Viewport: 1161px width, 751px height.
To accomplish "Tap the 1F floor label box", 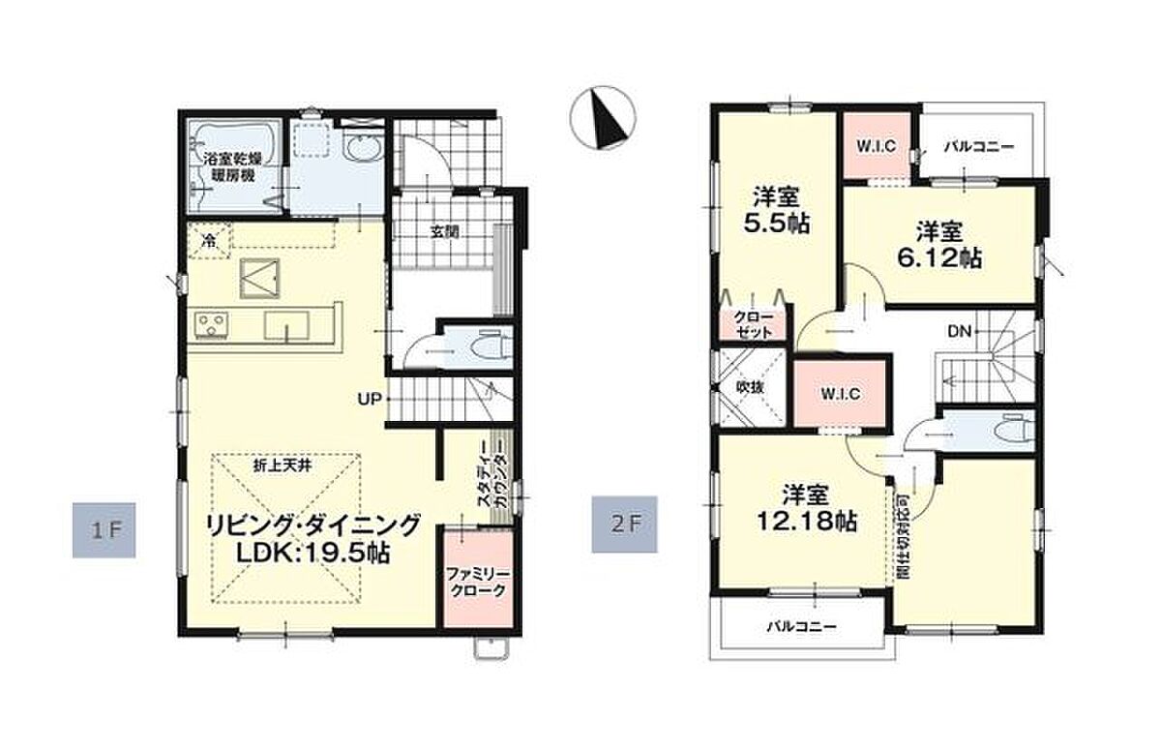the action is pos(104,530).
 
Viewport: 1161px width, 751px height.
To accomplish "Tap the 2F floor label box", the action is pos(625,525).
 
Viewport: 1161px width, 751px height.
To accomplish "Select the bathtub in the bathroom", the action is pos(234,165).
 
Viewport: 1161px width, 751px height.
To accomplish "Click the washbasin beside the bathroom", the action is pos(364,150).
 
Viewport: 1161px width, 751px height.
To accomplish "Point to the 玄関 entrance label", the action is pos(445,231).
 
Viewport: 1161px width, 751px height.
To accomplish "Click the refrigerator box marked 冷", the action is pos(209,240).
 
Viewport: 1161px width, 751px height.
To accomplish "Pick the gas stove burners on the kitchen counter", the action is pos(211,326).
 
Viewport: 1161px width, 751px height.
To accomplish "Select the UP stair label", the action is pos(370,399).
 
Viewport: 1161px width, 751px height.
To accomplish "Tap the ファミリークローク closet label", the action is pos(478,583).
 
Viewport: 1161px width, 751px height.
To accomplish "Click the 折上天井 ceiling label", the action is pos(283,466).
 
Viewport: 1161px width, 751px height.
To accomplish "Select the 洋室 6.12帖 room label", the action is pos(939,245).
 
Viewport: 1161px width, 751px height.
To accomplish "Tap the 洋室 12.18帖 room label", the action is pos(806,508).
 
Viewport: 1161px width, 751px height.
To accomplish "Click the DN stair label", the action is pos(959,331).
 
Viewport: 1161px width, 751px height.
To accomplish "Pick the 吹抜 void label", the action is pos(750,387).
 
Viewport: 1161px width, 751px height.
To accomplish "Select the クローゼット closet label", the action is pos(754,324).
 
